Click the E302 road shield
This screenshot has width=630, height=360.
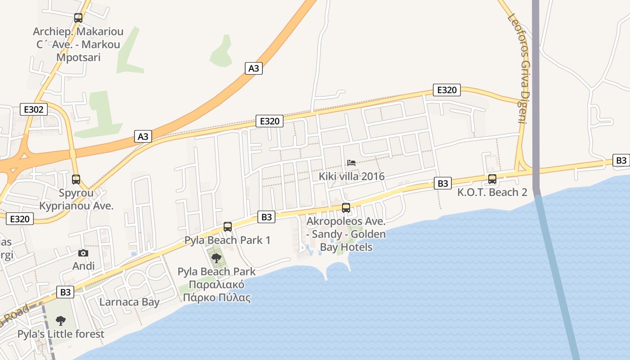click(x=34, y=109)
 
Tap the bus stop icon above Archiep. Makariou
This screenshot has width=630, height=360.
click(x=78, y=18)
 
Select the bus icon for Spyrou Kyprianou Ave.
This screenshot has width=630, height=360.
click(x=76, y=180)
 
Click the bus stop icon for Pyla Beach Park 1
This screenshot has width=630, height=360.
click(x=228, y=226)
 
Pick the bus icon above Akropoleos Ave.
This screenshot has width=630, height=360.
click(x=346, y=207)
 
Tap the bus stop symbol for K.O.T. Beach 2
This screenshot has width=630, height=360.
click(x=492, y=179)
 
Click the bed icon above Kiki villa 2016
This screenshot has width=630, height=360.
click(x=351, y=162)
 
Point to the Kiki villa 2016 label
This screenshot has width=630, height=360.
click(x=352, y=176)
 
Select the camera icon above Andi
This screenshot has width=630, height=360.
click(x=83, y=253)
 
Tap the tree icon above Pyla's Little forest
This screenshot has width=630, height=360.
click(x=61, y=321)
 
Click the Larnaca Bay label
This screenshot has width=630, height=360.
click(x=130, y=301)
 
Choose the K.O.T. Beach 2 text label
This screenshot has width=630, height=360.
click(x=492, y=193)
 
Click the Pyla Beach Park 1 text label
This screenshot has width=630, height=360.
click(x=228, y=240)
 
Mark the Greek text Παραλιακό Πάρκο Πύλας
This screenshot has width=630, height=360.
click(x=216, y=291)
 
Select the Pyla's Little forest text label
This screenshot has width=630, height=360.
click(x=61, y=334)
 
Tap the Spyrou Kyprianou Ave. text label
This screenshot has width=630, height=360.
click(x=76, y=199)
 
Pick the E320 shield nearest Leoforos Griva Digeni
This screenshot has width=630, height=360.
click(x=447, y=90)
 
